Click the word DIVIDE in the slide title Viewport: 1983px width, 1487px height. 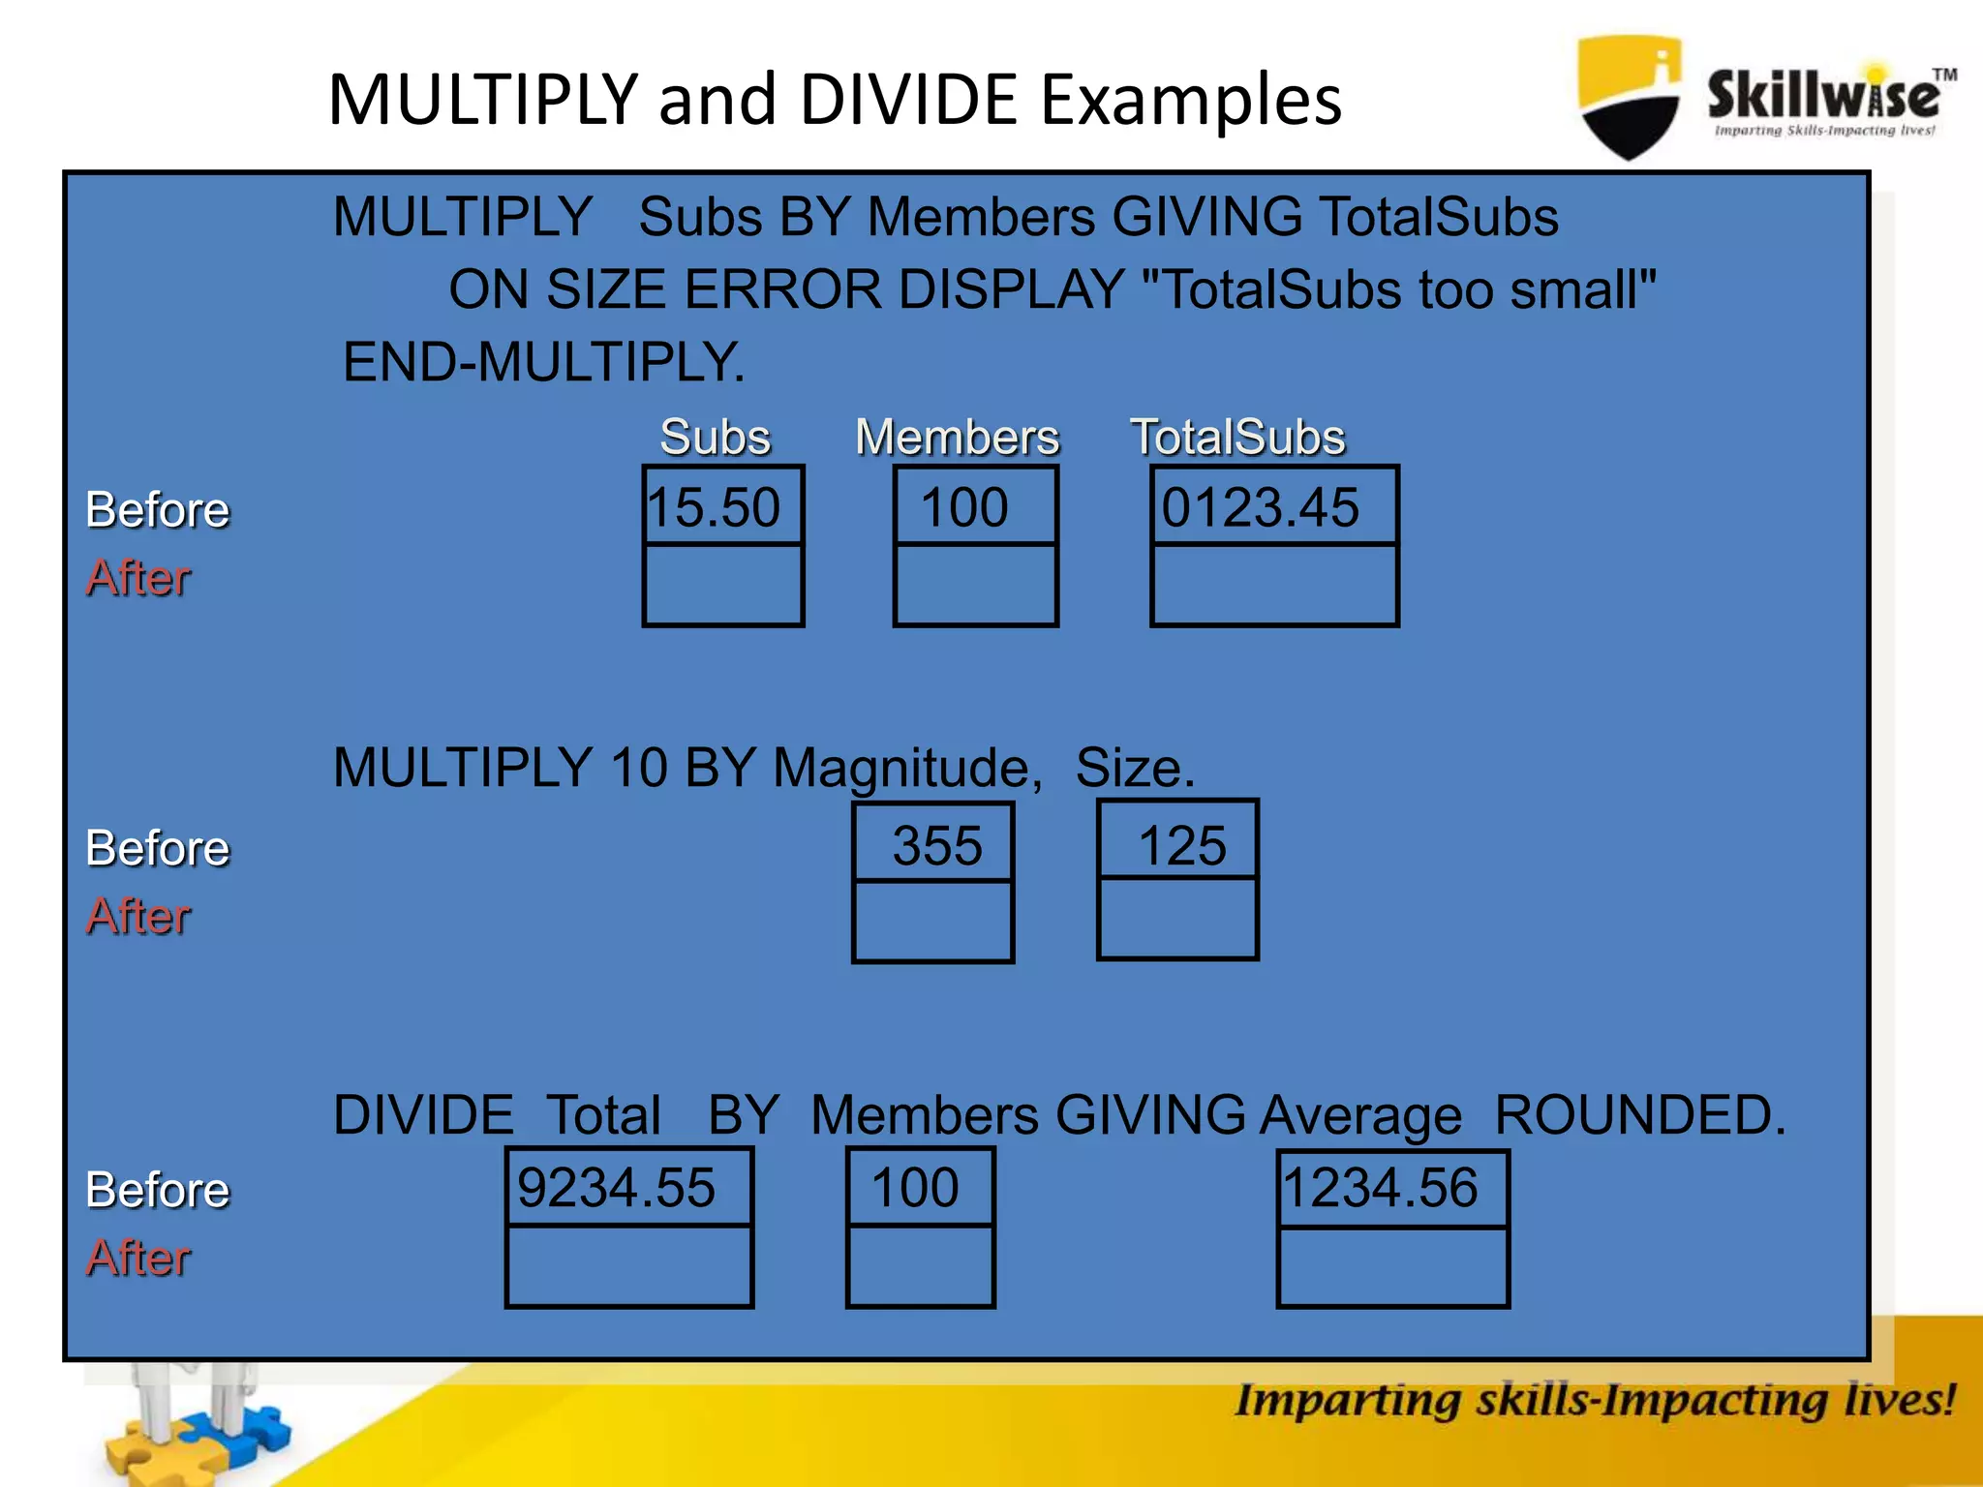pyautogui.click(x=908, y=100)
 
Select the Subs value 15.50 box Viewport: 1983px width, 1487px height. pyautogui.click(x=722, y=507)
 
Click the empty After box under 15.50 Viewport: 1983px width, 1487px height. pyautogui.click(x=722, y=585)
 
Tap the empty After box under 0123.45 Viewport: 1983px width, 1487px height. pyautogui.click(x=1273, y=585)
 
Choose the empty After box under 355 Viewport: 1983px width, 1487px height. pyautogui.click(x=933, y=921)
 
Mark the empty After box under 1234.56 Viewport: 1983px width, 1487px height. pyautogui.click(x=1392, y=1266)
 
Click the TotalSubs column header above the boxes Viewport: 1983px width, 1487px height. pyautogui.click(x=1237, y=437)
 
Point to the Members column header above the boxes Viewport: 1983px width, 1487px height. pyautogui.click(x=958, y=437)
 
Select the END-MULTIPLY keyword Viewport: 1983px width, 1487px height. pyautogui.click(x=544, y=362)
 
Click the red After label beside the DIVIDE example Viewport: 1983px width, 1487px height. pyautogui.click(x=138, y=1258)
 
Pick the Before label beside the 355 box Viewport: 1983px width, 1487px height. pyautogui.click(x=158, y=848)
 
